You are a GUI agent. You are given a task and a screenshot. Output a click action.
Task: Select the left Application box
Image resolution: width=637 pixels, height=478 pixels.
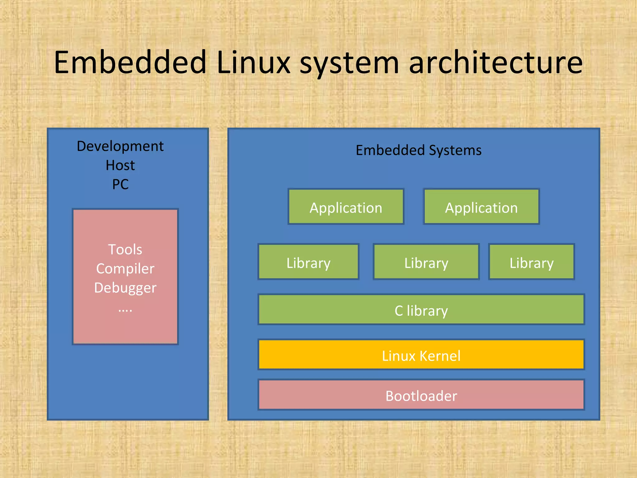tap(346, 207)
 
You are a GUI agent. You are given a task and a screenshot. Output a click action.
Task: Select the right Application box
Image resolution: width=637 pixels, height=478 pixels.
tap(481, 207)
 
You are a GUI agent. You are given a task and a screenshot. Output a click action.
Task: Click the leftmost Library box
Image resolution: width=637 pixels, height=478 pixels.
tap(308, 262)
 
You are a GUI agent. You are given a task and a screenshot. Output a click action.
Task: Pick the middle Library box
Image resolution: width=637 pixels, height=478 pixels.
tap(426, 262)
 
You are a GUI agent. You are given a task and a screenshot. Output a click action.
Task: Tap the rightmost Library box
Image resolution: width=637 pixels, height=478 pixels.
tap(531, 262)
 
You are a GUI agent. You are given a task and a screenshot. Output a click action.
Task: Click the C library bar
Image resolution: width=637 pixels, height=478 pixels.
tap(421, 310)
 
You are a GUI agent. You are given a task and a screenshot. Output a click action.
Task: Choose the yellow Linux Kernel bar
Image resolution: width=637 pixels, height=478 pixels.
tap(421, 355)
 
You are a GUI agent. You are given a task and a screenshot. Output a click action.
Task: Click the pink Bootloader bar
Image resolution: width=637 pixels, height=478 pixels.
tap(421, 395)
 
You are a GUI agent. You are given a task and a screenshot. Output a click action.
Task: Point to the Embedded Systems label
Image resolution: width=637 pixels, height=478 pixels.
tap(418, 150)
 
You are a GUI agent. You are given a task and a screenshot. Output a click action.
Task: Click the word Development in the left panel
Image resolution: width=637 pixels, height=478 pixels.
tap(120, 146)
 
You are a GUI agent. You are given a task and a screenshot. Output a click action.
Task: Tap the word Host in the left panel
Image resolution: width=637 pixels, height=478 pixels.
tap(120, 165)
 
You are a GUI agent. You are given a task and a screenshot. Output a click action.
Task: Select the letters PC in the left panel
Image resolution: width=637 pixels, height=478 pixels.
tap(120, 184)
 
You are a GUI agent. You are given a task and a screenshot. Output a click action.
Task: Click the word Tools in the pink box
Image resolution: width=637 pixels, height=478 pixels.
tap(125, 250)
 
